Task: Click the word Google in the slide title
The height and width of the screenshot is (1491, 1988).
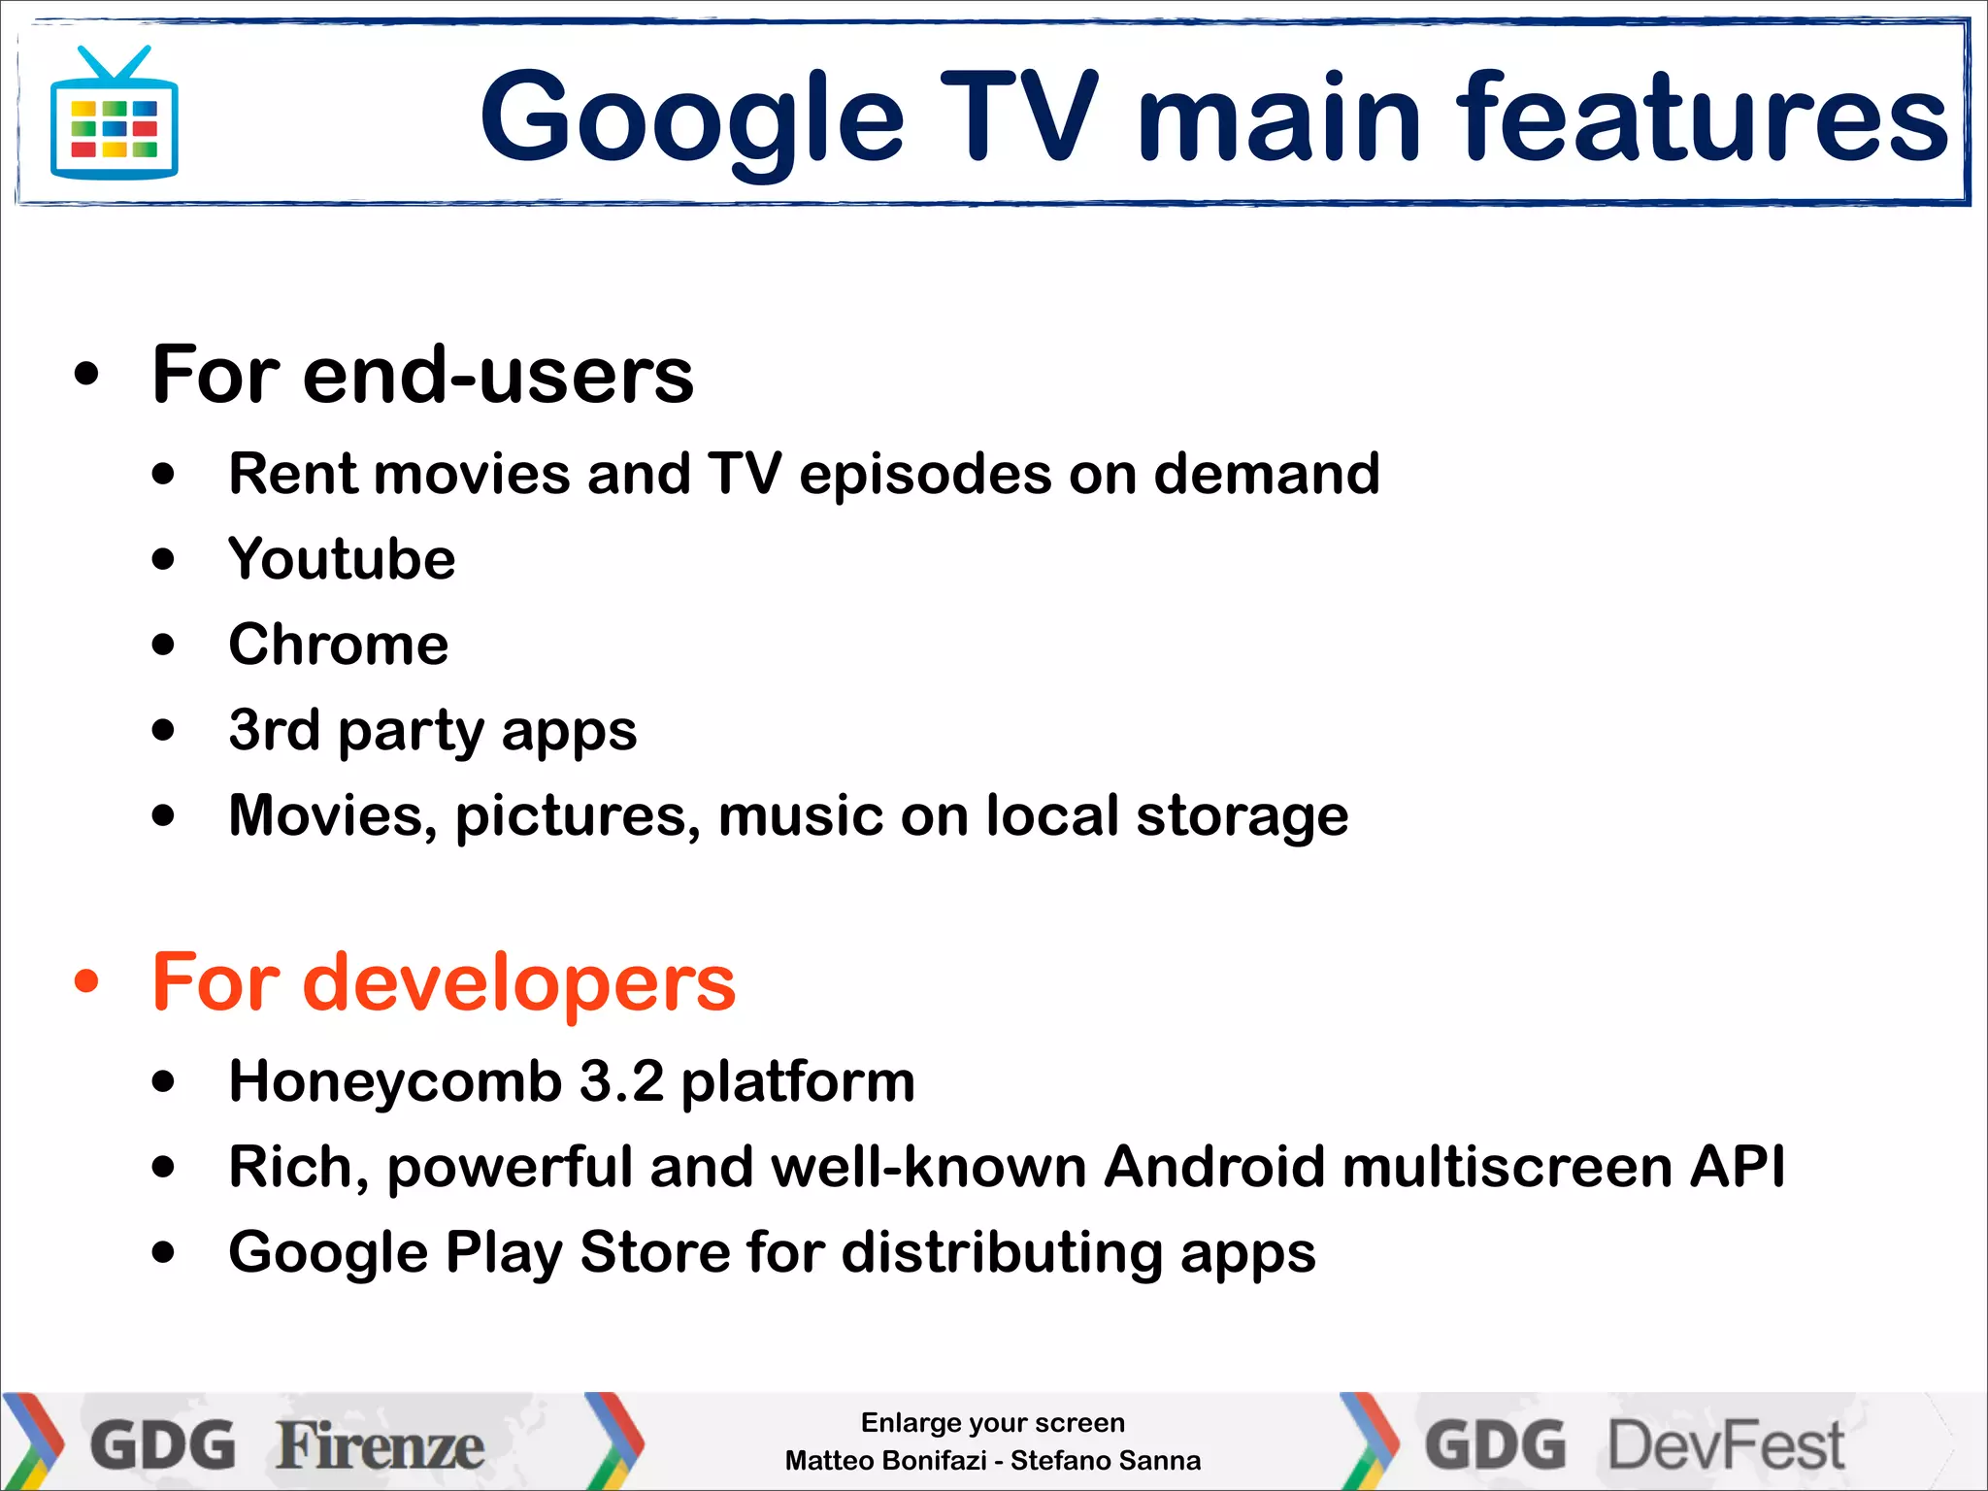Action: pos(692,119)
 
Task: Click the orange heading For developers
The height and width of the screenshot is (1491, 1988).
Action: pos(444,982)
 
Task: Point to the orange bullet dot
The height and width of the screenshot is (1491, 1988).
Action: pos(86,982)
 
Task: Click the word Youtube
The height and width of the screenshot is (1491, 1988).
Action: pos(342,559)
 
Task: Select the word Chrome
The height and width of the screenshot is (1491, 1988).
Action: pos(339,645)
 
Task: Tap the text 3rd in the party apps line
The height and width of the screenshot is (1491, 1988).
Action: pos(274,730)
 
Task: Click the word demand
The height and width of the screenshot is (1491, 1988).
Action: pos(1267,474)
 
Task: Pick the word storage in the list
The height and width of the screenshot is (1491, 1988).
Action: pos(1242,815)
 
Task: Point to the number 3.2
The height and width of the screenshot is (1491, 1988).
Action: pos(622,1081)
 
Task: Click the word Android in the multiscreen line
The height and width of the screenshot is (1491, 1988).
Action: pos(1214,1167)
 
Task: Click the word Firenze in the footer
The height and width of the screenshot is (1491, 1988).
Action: pos(380,1445)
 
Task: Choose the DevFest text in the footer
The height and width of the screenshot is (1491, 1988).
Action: pos(1726,1445)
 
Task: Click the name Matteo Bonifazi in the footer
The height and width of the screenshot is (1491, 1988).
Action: pos(885,1461)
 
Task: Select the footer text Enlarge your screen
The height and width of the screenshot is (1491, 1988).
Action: pos(993,1423)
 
